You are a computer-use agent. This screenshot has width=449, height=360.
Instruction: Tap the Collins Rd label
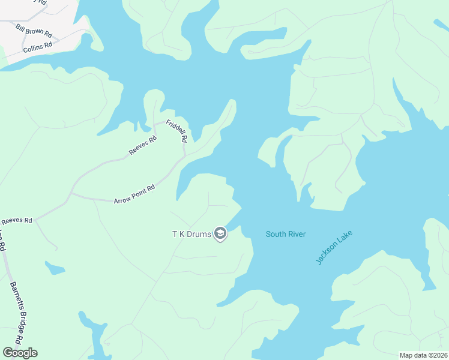pos(37,45)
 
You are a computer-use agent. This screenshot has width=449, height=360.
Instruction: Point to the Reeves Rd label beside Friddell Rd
pos(142,145)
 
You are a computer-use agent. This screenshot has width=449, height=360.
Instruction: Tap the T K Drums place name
pos(191,234)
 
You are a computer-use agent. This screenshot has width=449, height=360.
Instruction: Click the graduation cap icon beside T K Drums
pos(220,233)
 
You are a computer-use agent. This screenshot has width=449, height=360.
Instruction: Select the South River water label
pos(286,234)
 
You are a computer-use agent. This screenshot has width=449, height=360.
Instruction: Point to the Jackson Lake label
pos(334,247)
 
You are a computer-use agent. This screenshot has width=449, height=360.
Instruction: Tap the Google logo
pos(20,353)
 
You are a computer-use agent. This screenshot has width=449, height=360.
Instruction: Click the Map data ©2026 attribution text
pos(423,355)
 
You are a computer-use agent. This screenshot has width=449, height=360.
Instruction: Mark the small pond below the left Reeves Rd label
pos(55,268)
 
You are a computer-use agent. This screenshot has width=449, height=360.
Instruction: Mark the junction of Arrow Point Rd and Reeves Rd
pos(71,194)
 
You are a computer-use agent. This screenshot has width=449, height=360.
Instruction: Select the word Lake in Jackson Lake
pos(343,239)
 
